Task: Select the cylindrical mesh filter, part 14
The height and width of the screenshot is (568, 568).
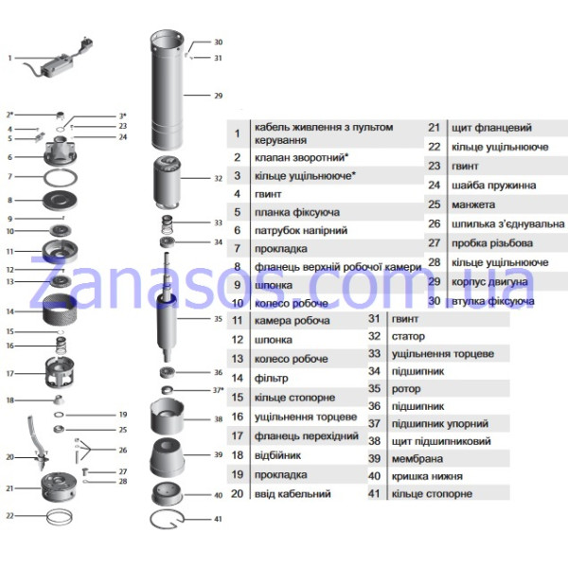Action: (60, 310)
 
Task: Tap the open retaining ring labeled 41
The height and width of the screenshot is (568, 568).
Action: (167, 519)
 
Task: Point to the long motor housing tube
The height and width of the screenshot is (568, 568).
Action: (167, 91)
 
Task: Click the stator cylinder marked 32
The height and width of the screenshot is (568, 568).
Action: (167, 183)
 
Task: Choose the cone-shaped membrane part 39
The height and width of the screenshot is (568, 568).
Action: (167, 458)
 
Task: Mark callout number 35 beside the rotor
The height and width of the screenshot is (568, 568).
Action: (218, 319)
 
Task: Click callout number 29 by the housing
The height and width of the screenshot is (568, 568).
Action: (218, 96)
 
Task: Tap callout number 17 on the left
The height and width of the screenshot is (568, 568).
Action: (9, 374)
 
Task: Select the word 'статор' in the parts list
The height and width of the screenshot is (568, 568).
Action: (408, 336)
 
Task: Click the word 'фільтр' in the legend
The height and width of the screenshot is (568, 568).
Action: (272, 378)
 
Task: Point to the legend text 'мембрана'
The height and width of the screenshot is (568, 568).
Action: (417, 459)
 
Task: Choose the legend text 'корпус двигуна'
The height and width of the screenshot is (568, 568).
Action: (489, 282)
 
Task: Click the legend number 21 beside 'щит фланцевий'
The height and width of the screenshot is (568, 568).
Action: (434, 128)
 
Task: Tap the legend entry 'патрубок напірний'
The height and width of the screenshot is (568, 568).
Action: (301, 230)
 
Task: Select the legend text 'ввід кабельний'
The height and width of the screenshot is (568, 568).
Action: (293, 494)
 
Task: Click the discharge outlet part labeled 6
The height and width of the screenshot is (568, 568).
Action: (61, 151)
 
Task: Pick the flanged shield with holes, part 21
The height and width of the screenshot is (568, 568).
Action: (59, 487)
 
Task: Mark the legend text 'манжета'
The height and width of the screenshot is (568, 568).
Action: (473, 204)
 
